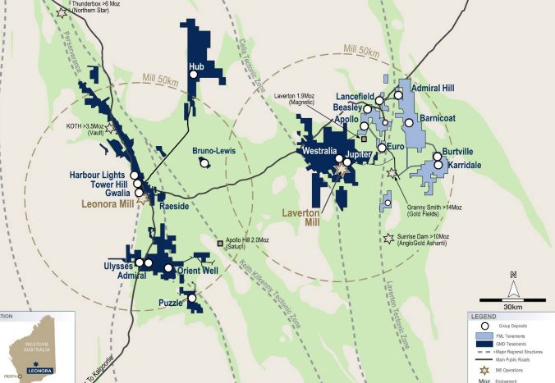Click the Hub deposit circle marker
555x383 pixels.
[x=194, y=75]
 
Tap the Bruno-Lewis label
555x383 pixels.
[x=214, y=152]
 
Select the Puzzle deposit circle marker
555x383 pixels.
[x=192, y=299]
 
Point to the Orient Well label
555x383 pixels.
[x=196, y=269]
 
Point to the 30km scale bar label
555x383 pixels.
[x=514, y=307]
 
